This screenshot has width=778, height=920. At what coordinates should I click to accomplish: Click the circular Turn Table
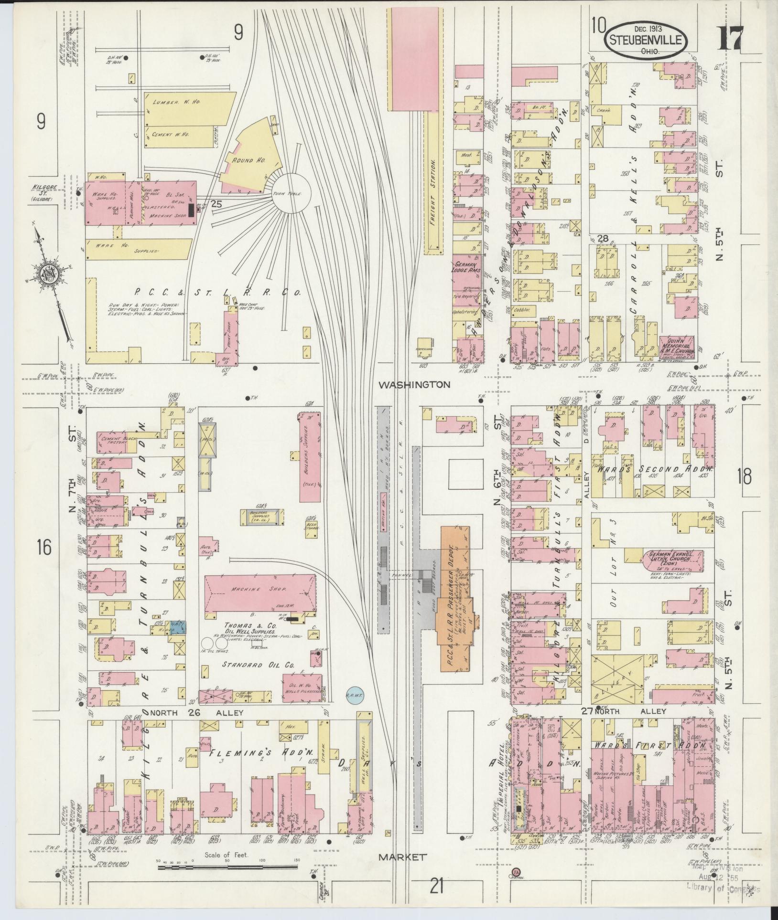tap(292, 193)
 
